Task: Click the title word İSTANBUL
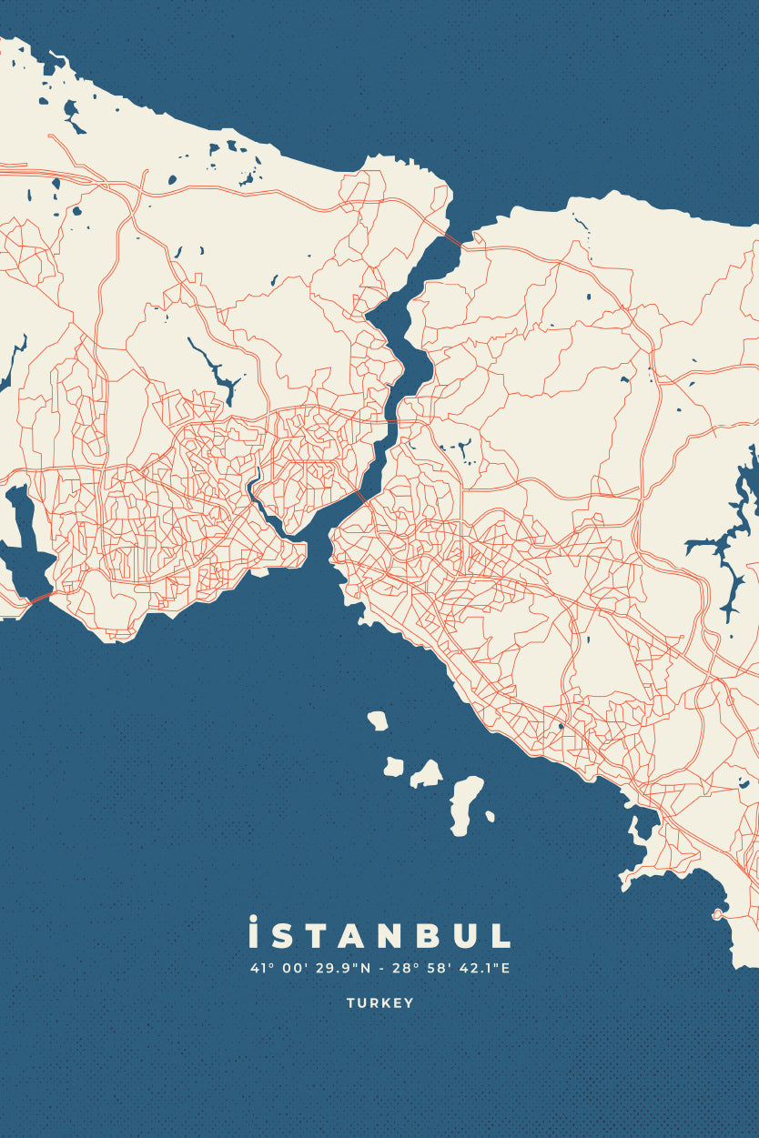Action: (379, 934)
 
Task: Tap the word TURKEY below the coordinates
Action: (379, 1003)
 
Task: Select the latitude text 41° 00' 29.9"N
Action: (310, 968)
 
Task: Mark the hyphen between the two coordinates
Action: (381, 969)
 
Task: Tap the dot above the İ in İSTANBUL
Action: (253, 919)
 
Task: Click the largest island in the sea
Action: (466, 803)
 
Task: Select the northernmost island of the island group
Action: (378, 720)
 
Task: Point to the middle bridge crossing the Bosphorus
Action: (392, 425)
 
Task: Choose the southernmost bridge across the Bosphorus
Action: (360, 498)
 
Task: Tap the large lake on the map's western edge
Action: (25, 546)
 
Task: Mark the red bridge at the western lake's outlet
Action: (39, 598)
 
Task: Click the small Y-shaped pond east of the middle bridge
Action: (460, 448)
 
